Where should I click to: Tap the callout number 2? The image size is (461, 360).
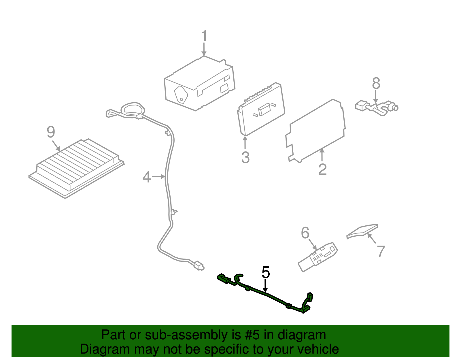(322, 169)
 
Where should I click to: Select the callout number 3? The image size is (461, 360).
(245, 157)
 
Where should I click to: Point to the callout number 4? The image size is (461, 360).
(147, 177)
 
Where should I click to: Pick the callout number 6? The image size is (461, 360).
(305, 233)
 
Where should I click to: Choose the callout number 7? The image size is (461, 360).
(381, 251)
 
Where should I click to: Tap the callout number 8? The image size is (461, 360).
(376, 83)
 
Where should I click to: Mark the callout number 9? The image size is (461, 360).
(51, 132)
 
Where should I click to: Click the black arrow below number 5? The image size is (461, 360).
(265, 286)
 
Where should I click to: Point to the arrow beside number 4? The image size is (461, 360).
(158, 176)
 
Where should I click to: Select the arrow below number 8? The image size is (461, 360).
(375, 97)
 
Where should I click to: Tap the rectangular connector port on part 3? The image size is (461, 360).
(264, 109)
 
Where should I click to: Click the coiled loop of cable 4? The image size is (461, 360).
(133, 110)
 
